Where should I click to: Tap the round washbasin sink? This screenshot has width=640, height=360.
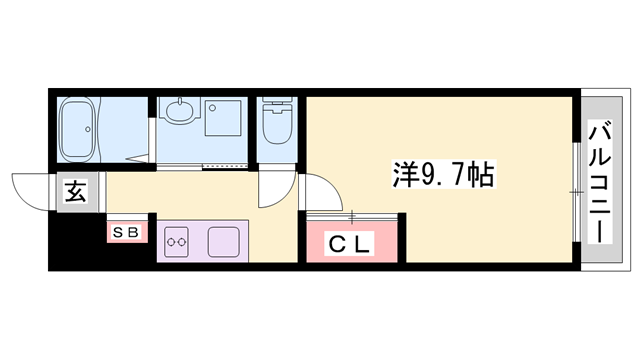(179, 113)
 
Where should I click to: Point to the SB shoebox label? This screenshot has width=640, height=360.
(128, 232)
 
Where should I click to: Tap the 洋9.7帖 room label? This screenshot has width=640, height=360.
(440, 177)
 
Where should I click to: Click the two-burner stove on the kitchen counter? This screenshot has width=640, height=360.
(178, 241)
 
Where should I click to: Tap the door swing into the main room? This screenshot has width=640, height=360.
(317, 191)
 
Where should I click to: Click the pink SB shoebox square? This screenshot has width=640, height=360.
(128, 232)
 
